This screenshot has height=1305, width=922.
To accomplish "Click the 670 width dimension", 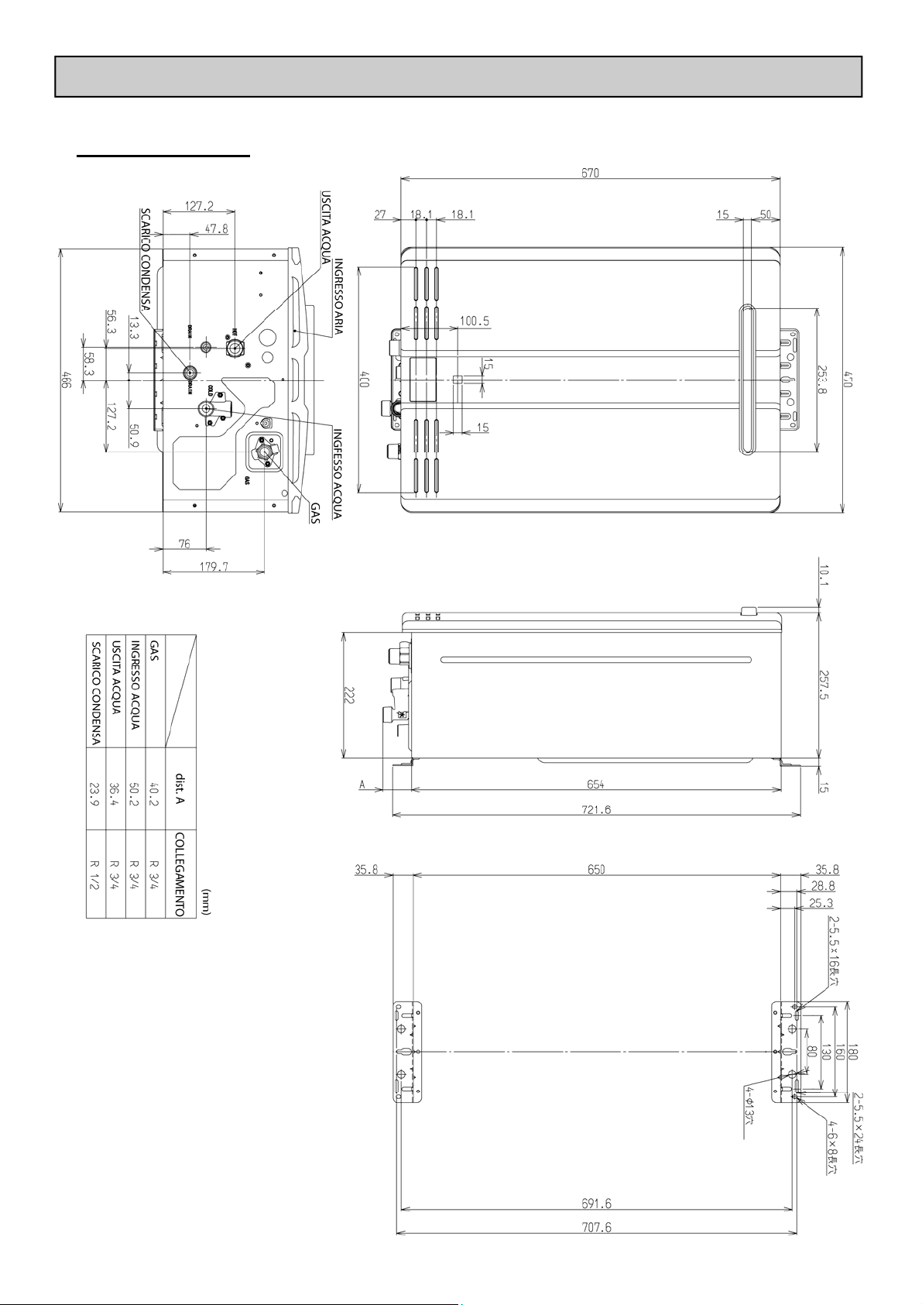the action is point(590,173).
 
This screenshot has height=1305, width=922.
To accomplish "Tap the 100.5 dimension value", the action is point(475,321).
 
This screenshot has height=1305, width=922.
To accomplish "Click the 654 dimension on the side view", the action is point(595,784).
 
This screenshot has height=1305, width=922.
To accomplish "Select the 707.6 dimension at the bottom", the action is point(595,1248).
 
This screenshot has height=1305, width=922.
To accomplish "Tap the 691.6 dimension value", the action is point(595,1224).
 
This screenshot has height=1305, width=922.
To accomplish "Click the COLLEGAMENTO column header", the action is point(179,876).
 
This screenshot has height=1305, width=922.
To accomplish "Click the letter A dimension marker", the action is point(362,785).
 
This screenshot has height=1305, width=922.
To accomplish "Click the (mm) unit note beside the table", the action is point(206,901).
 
